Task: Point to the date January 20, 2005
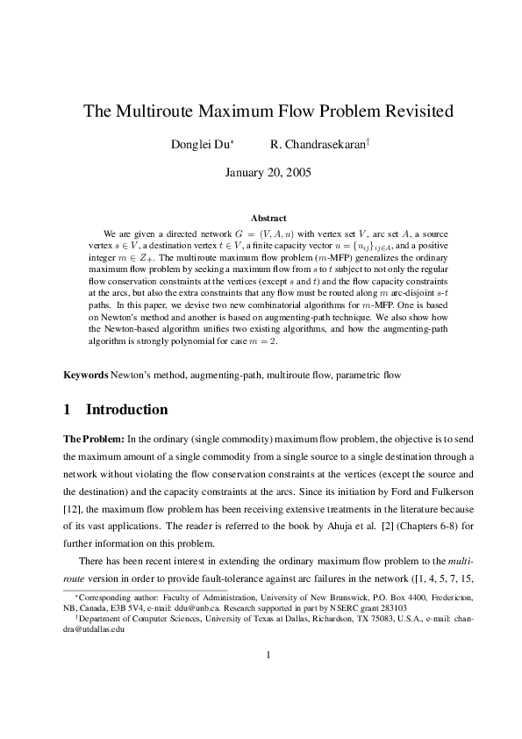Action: tap(261, 173)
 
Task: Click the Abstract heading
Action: tap(268, 218)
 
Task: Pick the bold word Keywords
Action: tap(86, 399)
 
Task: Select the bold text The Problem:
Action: tap(94, 463)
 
